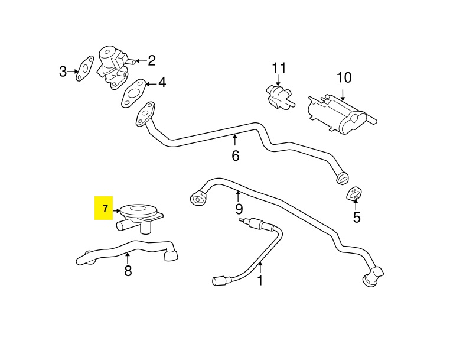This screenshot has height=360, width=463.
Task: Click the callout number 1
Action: (259, 280)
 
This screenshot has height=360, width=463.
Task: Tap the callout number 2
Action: (152, 60)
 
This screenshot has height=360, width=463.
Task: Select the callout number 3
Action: (63, 72)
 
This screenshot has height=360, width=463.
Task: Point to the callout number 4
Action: (161, 83)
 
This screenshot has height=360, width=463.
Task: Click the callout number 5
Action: (356, 217)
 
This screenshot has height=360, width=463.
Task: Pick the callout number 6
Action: (235, 156)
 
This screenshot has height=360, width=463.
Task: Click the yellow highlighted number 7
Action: (105, 209)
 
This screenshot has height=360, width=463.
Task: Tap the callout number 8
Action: (128, 271)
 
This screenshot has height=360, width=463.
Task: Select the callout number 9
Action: (239, 209)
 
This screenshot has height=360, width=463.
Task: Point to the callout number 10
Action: (344, 77)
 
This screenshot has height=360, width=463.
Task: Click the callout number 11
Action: (278, 67)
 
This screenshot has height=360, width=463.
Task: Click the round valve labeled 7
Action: (140, 213)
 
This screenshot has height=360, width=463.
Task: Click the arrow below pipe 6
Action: (235, 140)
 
